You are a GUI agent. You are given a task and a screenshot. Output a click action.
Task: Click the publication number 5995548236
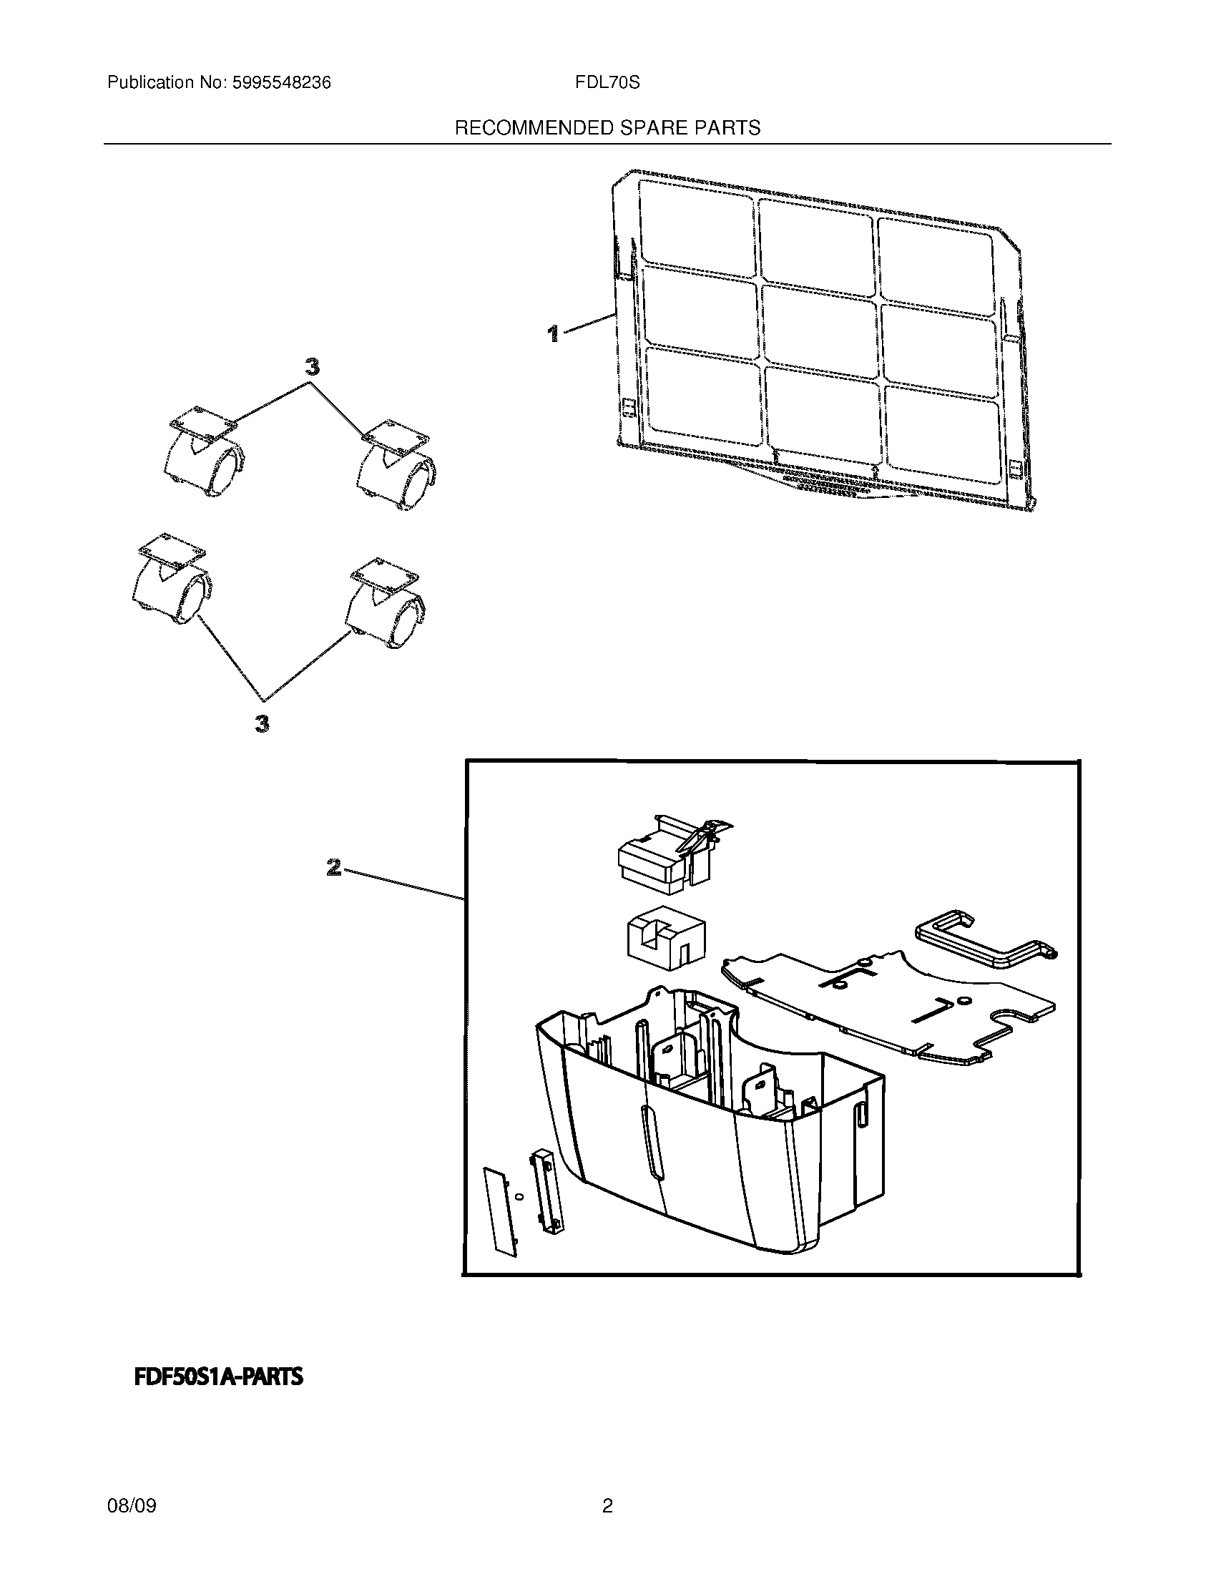tap(281, 83)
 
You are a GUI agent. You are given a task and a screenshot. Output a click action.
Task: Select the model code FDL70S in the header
tap(607, 83)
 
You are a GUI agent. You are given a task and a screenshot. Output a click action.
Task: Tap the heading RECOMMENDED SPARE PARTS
tap(607, 128)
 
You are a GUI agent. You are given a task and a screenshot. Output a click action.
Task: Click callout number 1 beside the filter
tap(553, 333)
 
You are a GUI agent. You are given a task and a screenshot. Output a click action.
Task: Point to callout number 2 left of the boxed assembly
tap(333, 867)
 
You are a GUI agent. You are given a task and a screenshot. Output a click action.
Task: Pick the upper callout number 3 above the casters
tap(311, 368)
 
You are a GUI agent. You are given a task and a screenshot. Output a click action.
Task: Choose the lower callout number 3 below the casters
tap(263, 723)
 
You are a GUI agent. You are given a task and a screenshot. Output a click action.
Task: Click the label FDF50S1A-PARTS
tap(218, 1377)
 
